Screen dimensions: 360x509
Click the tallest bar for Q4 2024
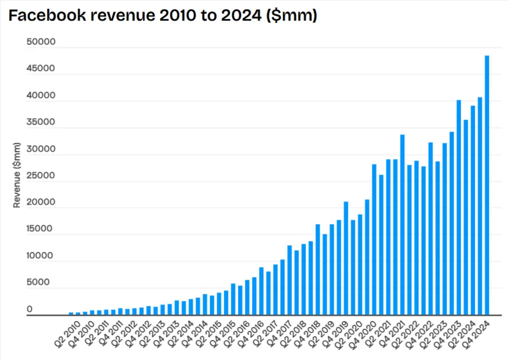tap(487, 185)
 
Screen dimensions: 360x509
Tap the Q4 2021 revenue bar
tap(402, 224)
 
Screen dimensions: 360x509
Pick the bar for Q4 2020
tap(374, 239)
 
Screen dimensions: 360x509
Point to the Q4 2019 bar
tap(346, 258)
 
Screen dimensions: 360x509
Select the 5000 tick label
tap(37, 282)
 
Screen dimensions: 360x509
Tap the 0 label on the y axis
tap(30, 309)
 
